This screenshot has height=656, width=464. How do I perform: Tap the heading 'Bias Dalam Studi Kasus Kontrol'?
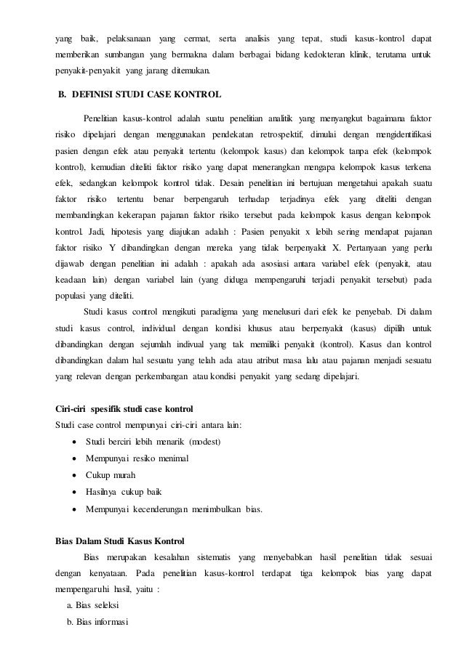point(120,541)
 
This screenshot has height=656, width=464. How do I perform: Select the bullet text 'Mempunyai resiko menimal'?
point(137,458)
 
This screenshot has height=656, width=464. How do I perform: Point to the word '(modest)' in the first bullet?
point(205,442)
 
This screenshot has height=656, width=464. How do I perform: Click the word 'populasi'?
point(71,296)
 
